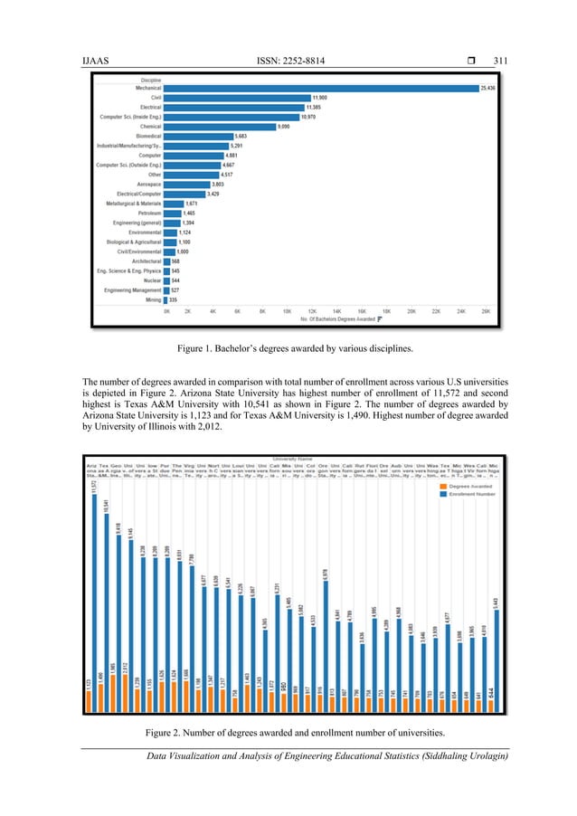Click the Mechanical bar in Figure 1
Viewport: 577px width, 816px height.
tap(321, 88)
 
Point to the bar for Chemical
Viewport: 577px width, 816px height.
tap(232, 127)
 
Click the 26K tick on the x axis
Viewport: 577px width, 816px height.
tap(486, 310)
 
